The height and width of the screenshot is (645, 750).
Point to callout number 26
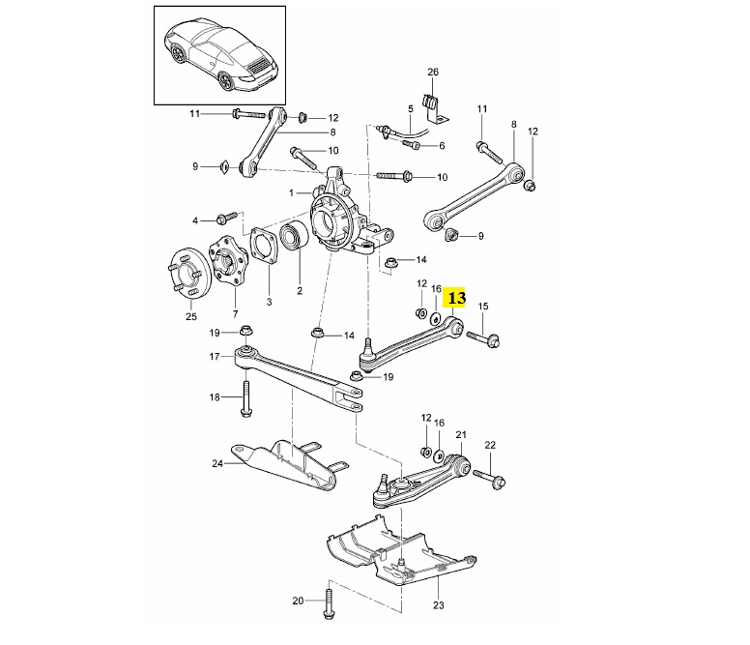(433, 73)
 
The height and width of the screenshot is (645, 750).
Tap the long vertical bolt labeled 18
(246, 396)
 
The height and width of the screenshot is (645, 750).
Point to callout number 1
(293, 192)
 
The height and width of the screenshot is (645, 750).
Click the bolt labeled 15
(482, 337)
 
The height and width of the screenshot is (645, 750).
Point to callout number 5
(410, 108)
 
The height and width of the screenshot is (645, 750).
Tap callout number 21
(461, 434)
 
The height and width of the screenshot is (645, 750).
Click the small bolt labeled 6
(414, 145)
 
